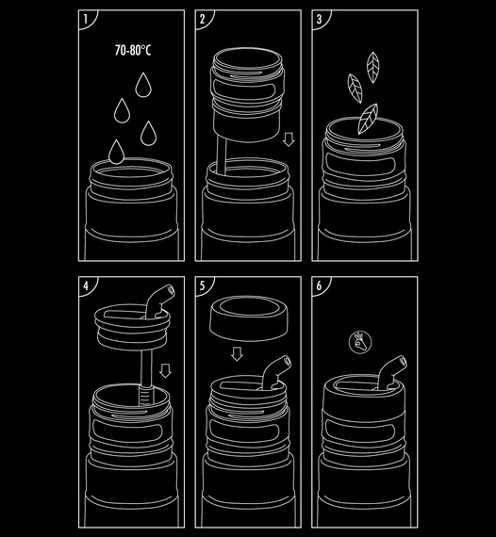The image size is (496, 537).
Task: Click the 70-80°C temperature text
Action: click(x=133, y=50)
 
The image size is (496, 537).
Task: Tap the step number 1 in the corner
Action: click(x=86, y=19)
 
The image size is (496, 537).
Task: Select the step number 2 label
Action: click(x=202, y=19)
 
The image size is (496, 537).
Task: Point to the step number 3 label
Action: click(x=319, y=19)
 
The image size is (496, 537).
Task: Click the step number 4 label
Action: click(x=86, y=285)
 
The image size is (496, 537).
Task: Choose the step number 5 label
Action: click(x=202, y=285)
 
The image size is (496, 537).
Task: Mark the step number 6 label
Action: click(x=319, y=285)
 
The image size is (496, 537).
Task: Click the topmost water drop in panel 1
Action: click(x=143, y=85)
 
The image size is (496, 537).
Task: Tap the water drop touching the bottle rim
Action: click(x=117, y=152)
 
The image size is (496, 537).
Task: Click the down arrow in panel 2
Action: click(x=289, y=139)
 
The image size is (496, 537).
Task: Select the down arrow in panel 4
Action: click(x=166, y=370)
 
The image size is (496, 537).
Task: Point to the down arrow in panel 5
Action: click(x=237, y=354)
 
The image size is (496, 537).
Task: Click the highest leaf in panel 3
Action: click(x=372, y=67)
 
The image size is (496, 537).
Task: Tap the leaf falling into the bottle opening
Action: click(x=368, y=119)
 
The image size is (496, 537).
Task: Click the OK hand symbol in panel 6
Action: click(x=360, y=341)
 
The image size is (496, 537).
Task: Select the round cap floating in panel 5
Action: click(x=249, y=318)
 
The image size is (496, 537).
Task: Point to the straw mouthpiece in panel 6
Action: click(x=393, y=371)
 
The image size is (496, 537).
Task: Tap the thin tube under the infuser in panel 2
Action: click(x=222, y=155)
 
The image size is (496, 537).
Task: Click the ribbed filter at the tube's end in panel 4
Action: click(x=145, y=395)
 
